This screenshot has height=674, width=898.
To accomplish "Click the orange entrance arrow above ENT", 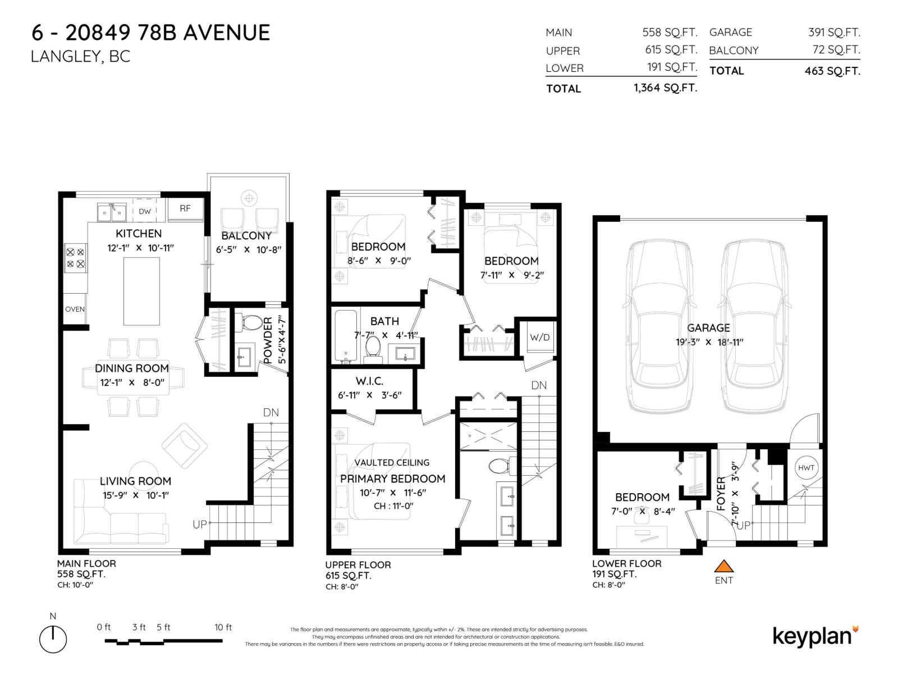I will [724, 566].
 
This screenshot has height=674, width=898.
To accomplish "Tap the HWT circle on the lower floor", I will [807, 468].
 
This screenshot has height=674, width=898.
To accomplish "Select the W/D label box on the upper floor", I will [539, 337].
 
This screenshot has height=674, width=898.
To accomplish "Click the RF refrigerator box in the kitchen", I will [185, 208].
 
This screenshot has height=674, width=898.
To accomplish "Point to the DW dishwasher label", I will [145, 211].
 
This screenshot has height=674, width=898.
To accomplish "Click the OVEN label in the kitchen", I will [75, 309].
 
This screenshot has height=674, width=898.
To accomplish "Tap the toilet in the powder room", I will [251, 322].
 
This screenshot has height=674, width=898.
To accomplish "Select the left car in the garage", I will [656, 327].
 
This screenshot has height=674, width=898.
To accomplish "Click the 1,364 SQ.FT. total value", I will [665, 88].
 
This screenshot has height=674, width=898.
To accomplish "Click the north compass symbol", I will [53, 639].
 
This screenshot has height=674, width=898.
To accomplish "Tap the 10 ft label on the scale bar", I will [223, 627].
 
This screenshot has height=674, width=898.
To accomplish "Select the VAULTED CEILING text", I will [392, 462].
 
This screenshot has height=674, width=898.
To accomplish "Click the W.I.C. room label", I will [369, 381].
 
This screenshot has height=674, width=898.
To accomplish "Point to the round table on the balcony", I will [248, 198].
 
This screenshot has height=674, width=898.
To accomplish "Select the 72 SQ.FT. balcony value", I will [836, 49].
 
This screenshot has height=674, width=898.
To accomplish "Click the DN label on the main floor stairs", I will [271, 412].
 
